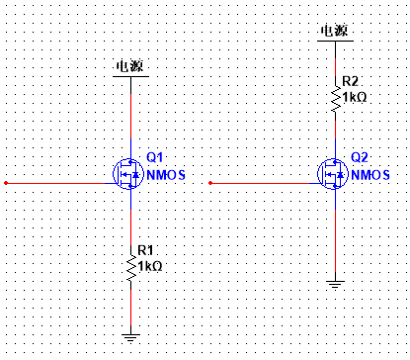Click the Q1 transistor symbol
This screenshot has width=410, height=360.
coord(130,174)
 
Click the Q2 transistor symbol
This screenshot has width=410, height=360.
coord(335,174)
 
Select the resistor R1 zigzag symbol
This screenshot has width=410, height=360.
coord(130,266)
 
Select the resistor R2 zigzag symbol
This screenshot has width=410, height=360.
coord(335,97)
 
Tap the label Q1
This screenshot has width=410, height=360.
coord(154,157)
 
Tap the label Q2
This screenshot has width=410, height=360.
coord(359,158)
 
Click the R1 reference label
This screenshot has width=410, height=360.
coord(145,251)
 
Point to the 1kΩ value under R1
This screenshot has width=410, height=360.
coord(150,266)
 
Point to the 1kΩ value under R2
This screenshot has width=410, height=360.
coord(354,97)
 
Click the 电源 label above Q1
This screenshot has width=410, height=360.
coord(130,66)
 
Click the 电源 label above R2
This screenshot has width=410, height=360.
coord(334,31)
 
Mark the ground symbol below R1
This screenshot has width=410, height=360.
coord(130,338)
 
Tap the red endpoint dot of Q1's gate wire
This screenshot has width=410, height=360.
coord(6,183)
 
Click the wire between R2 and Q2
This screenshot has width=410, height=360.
coord(335,134)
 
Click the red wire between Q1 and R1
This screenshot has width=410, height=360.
coord(130,218)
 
